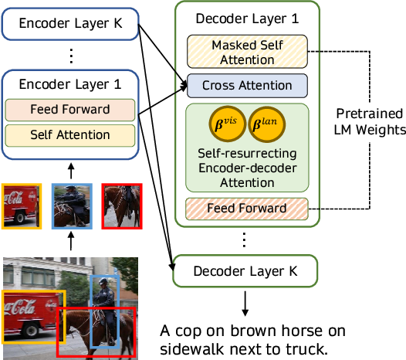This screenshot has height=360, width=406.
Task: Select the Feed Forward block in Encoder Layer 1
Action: tap(70, 109)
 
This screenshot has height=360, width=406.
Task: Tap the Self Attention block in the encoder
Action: tap(70, 135)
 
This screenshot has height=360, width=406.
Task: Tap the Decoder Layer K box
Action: tap(245, 272)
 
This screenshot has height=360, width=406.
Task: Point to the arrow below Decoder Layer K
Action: tap(245, 302)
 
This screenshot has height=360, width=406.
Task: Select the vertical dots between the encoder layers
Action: tap(71, 56)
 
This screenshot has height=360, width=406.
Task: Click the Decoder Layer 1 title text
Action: tap(244, 19)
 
